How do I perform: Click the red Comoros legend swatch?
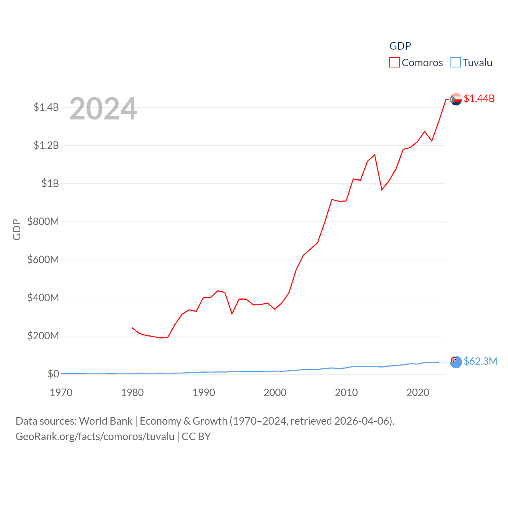394,63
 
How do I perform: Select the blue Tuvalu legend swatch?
456,63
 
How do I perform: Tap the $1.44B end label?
479,98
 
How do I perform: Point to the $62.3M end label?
480,361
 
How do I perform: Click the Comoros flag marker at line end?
456,99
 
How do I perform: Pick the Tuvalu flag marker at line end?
456,362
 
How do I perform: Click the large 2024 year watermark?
103,109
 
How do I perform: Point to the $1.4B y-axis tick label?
46,107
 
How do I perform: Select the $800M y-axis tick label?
43,221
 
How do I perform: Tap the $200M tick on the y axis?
43,336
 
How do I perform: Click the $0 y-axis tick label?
53,374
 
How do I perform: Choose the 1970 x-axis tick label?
61,393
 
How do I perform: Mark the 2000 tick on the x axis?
275,393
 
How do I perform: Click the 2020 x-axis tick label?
418,393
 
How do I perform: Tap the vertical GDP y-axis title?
17,229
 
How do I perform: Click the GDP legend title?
400,46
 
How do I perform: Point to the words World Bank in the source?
106,421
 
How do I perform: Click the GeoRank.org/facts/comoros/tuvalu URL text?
95,437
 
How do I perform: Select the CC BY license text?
196,437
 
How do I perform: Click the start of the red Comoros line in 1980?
132,328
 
